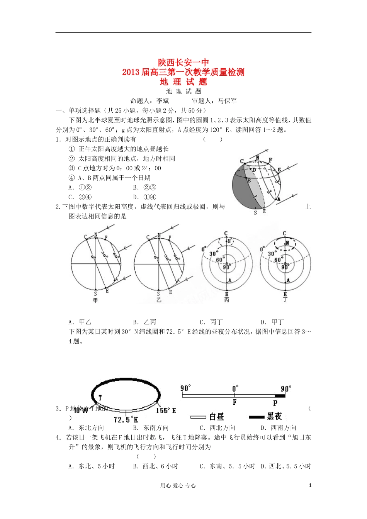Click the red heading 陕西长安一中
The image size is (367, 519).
point(183,63)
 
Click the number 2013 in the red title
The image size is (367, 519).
point(131,72)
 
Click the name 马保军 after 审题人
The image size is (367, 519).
point(228,101)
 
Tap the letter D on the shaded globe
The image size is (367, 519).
point(254,170)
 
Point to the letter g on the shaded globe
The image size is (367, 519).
point(279,169)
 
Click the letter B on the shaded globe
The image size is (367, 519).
point(249,180)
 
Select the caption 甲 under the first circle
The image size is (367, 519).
point(95,300)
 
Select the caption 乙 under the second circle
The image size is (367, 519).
point(158,300)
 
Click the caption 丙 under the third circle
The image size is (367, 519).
point(226,300)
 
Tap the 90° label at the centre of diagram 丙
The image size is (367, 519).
point(226,267)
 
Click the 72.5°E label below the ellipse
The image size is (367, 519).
point(126,419)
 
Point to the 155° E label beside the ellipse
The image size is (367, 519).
point(166,410)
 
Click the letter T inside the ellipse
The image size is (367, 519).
point(100,397)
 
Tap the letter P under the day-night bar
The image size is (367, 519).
point(275,403)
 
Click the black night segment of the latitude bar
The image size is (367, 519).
point(280,396)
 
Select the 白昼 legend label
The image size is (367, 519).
point(217,417)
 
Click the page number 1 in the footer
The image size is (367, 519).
point(310,485)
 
